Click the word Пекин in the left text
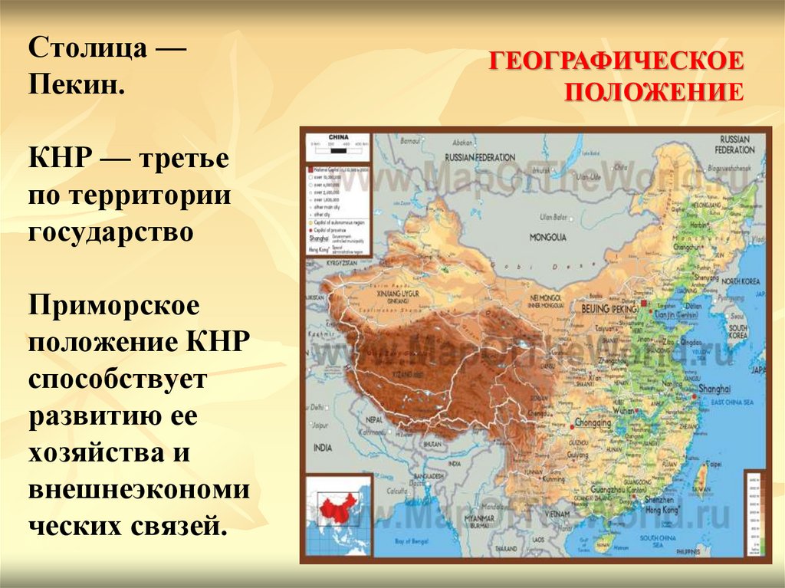75,85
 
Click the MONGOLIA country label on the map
547,237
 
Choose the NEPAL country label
375,420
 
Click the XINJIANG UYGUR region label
392,293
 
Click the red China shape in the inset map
337,507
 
